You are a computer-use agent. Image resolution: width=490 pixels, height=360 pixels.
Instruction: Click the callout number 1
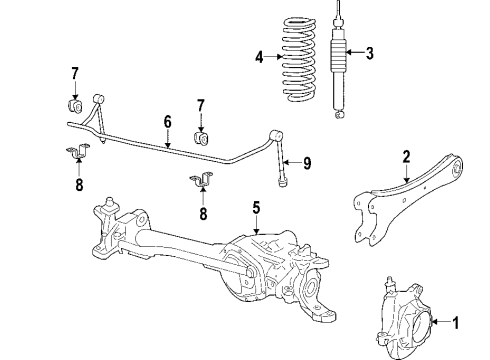click(x=455, y=322)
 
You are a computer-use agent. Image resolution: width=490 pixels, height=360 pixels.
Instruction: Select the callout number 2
click(x=406, y=157)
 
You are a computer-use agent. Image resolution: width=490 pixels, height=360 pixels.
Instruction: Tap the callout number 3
click(x=369, y=53)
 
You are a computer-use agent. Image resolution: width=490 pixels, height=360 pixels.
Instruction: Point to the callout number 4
click(x=259, y=57)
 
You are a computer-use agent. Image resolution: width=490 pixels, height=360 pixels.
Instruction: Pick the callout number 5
click(x=256, y=207)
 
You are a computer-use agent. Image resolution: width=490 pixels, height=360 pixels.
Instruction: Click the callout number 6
click(x=167, y=122)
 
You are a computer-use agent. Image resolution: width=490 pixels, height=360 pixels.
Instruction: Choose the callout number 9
click(x=307, y=163)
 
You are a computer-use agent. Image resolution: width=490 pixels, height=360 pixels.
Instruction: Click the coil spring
click(x=299, y=59)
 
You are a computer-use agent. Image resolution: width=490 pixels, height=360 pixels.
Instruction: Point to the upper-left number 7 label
click(x=75, y=74)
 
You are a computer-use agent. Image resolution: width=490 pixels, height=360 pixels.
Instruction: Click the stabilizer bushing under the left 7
click(x=75, y=105)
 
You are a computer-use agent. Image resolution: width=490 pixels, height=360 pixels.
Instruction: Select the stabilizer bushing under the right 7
click(x=202, y=139)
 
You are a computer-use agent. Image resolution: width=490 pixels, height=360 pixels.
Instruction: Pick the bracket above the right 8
click(x=202, y=179)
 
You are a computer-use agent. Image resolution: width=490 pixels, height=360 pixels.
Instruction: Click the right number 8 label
click(x=203, y=213)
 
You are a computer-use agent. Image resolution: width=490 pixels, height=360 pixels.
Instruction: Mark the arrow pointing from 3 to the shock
click(x=355, y=52)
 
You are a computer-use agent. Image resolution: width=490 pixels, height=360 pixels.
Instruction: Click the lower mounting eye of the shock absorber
click(x=339, y=114)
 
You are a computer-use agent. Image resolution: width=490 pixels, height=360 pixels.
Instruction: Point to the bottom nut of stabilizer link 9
click(x=282, y=182)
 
